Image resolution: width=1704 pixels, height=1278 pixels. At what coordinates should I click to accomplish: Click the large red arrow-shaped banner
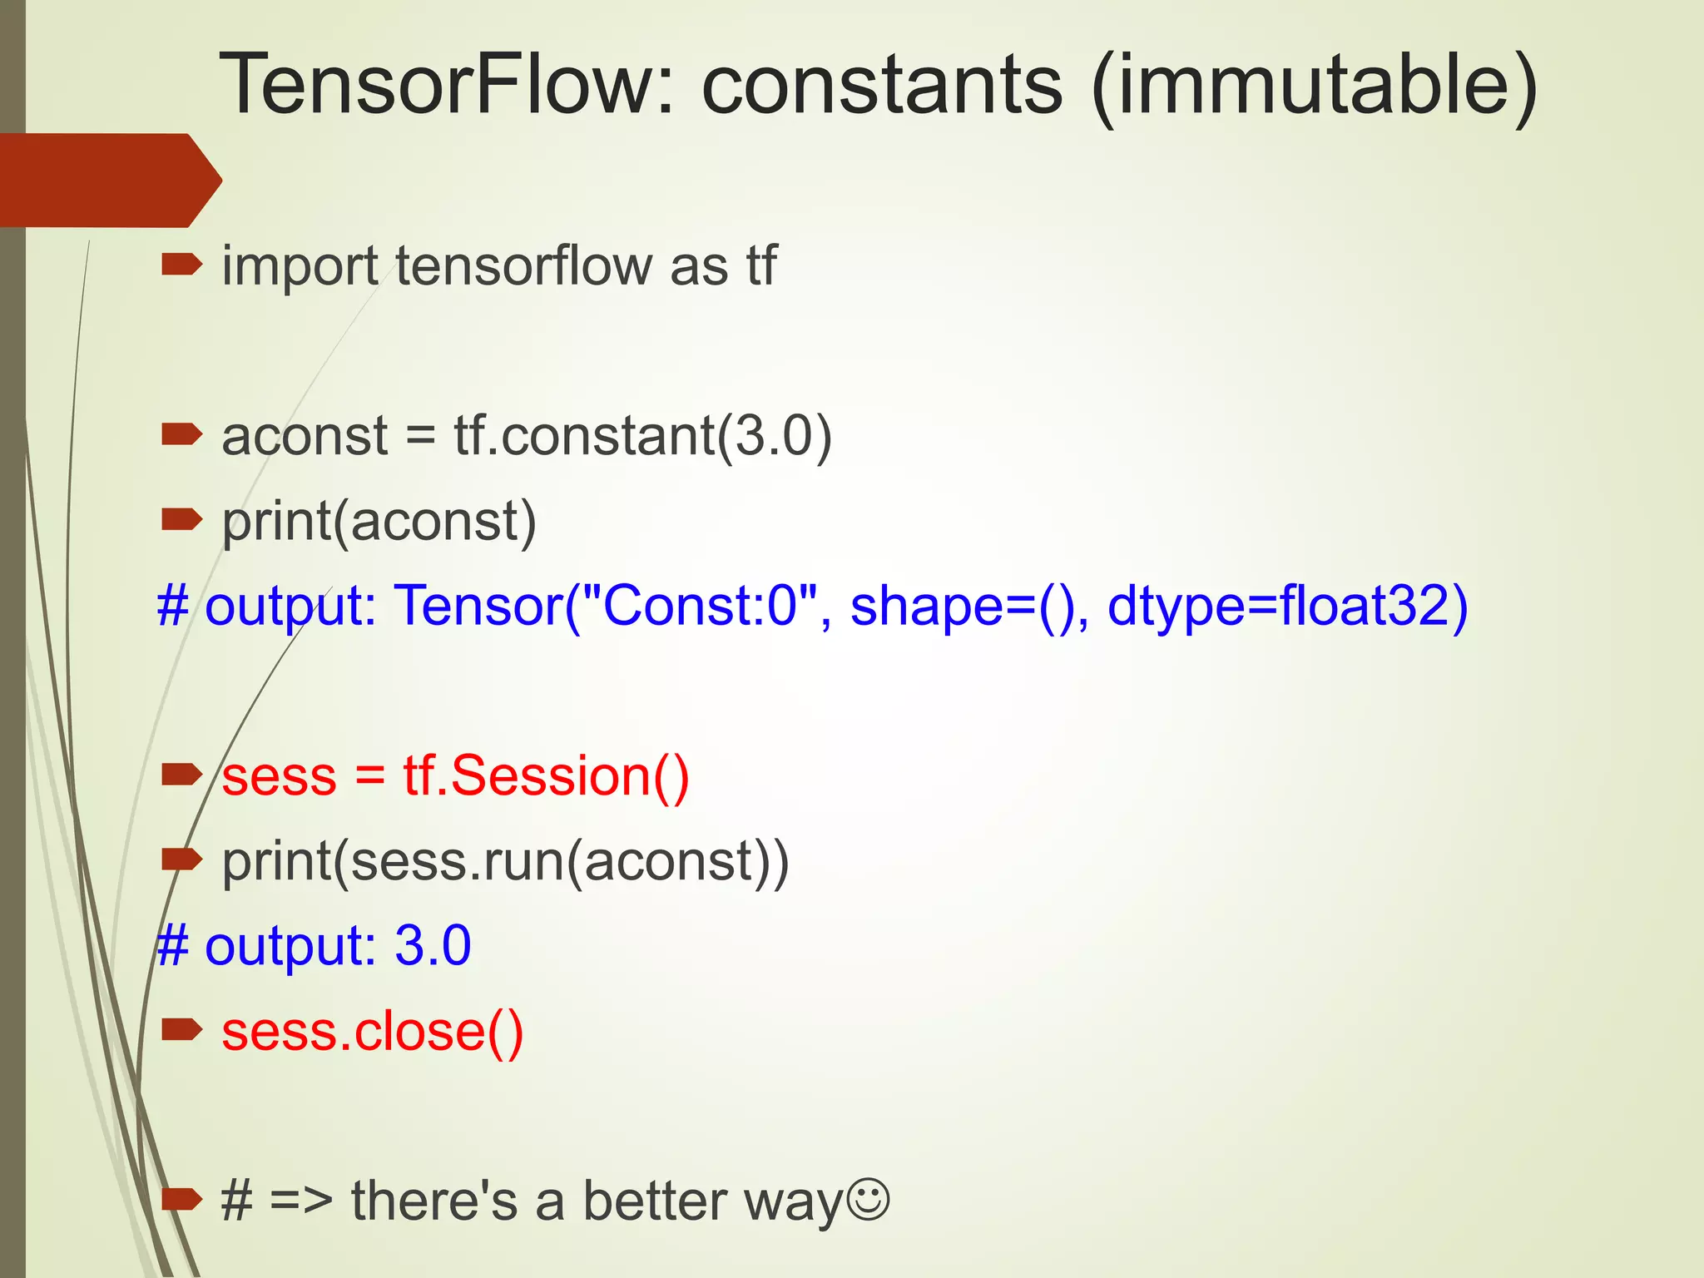(x=108, y=180)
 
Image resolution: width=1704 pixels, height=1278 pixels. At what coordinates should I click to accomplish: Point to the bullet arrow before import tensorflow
(x=181, y=265)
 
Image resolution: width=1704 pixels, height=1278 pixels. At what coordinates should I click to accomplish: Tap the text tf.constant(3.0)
(x=642, y=436)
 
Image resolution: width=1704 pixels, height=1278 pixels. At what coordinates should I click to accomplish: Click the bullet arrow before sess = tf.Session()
(x=181, y=775)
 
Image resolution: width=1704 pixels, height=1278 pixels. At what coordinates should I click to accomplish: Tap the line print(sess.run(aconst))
(x=505, y=862)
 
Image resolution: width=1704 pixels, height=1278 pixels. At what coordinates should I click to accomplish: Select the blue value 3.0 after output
(x=433, y=946)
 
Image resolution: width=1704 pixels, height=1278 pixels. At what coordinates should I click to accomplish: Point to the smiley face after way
(x=868, y=1200)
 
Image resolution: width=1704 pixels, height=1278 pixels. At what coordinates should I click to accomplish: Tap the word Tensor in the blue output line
(x=478, y=606)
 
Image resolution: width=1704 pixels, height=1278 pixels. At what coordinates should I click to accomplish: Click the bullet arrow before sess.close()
(x=181, y=1030)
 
